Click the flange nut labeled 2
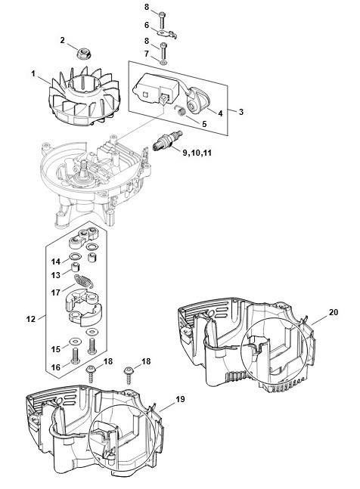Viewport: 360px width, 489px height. click(82, 54)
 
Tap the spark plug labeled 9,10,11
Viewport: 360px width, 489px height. click(167, 141)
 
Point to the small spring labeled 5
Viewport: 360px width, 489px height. click(180, 110)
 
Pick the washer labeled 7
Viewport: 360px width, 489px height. click(163, 63)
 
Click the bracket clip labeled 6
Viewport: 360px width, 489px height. click(167, 33)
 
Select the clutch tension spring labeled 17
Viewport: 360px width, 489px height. click(84, 281)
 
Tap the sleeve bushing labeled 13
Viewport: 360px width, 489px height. click(75, 268)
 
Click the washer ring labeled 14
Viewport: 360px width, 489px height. click(75, 257)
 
